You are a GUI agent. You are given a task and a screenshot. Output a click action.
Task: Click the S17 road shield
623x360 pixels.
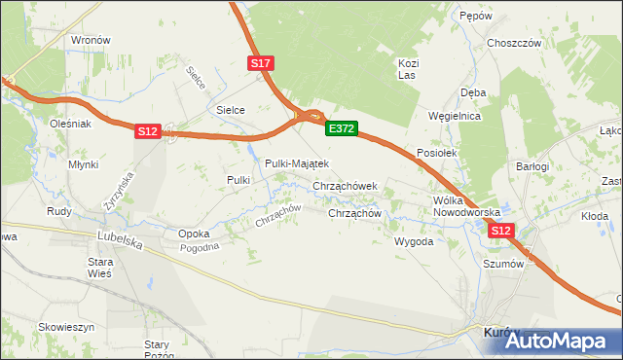click(x=261, y=63)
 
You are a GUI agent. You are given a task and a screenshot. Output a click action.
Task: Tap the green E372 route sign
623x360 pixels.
click(x=342, y=128)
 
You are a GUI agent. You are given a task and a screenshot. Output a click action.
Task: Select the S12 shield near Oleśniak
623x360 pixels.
click(x=147, y=130)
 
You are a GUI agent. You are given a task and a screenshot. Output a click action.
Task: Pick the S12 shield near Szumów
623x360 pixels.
click(x=500, y=231)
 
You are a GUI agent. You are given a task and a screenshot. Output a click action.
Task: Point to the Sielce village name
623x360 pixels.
click(x=230, y=111)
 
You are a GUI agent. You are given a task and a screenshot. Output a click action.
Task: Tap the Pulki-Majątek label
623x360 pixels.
click(x=297, y=163)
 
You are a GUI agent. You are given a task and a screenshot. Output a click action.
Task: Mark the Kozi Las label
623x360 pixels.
click(x=408, y=68)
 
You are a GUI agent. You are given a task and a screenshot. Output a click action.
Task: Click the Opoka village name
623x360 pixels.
click(x=194, y=234)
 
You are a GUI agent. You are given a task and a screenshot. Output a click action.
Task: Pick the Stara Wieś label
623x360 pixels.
click(x=101, y=268)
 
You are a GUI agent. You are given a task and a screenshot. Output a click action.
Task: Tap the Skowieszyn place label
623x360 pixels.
click(x=66, y=327)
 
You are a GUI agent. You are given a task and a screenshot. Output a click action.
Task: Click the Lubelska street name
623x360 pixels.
click(x=120, y=236)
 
